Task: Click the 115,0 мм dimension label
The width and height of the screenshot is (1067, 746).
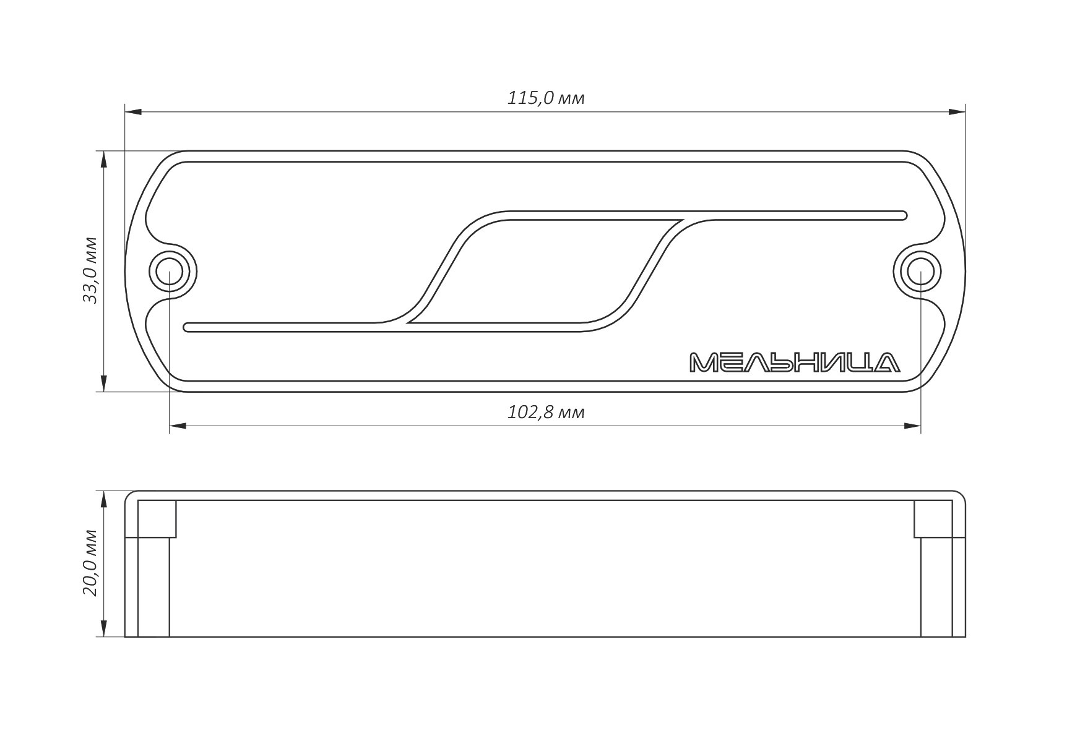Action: (545, 98)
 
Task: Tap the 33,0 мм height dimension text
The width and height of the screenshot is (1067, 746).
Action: (90, 270)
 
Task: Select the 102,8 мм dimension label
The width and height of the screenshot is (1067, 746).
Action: (545, 412)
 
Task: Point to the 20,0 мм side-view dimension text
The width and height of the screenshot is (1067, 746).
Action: (90, 562)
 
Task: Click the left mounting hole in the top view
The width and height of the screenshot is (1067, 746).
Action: (170, 271)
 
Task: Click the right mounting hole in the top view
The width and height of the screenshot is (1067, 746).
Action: (920, 271)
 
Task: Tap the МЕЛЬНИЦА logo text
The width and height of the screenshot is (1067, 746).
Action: (795, 362)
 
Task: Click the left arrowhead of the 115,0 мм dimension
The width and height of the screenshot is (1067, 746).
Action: (134, 112)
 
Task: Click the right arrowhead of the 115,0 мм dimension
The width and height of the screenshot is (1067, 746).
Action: (956, 112)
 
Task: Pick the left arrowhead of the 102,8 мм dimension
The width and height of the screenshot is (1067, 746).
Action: (178, 426)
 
